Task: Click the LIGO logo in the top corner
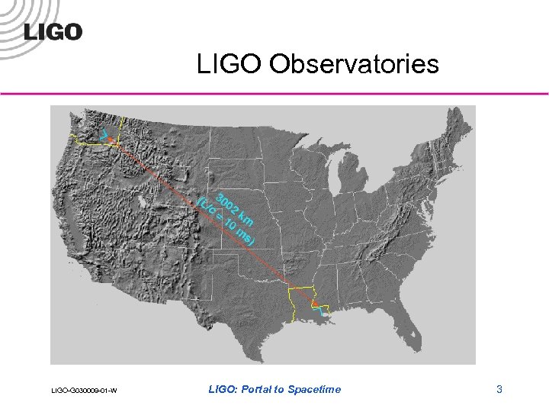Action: (53, 31)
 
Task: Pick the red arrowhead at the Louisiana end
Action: (314, 302)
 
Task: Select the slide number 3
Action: (499, 390)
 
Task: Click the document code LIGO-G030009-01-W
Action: (83, 391)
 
